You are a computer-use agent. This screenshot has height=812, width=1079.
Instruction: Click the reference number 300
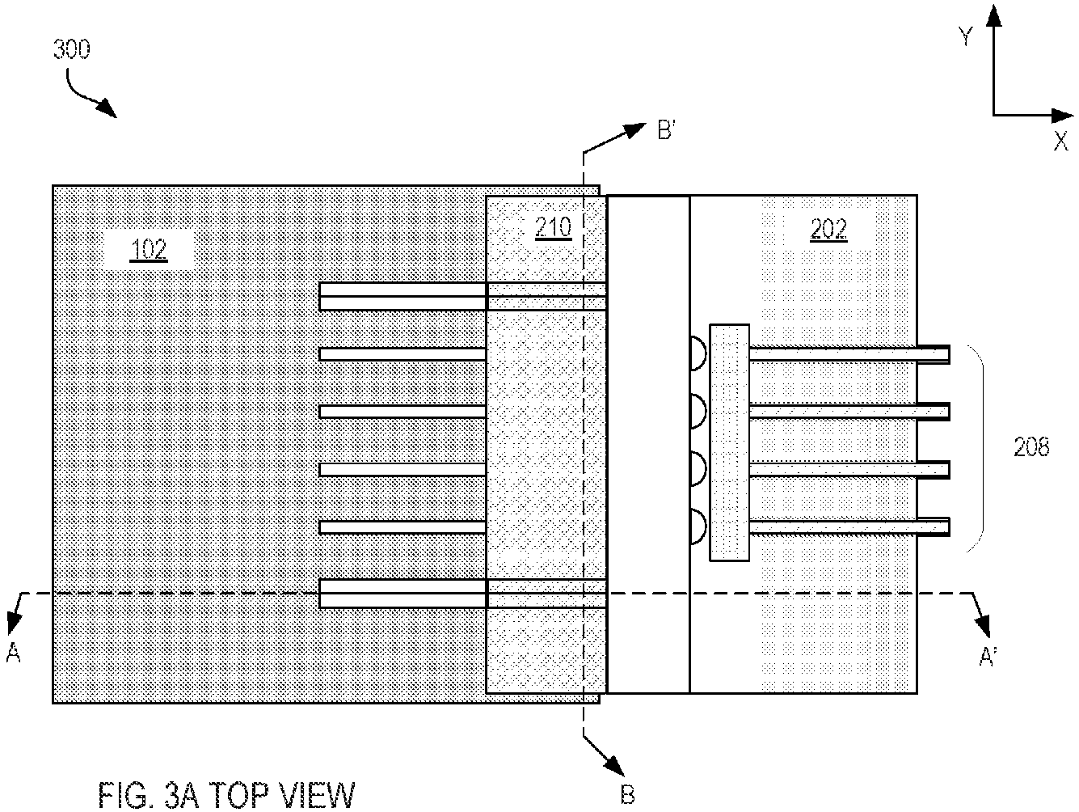(72, 49)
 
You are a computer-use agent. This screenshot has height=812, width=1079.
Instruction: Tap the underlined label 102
(149, 250)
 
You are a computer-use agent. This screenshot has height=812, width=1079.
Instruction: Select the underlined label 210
(554, 228)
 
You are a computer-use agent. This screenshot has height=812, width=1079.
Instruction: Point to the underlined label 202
(828, 230)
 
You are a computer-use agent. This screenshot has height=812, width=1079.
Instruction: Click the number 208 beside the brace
(1031, 447)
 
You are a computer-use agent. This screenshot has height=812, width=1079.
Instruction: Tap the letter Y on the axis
(966, 37)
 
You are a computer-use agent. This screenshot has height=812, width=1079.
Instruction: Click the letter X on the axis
(1060, 142)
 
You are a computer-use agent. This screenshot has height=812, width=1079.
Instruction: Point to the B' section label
(667, 130)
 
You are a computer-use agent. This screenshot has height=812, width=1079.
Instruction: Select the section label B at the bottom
(628, 795)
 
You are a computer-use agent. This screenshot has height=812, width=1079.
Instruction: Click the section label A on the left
(13, 653)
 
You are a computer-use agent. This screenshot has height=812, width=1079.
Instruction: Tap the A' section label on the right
(988, 657)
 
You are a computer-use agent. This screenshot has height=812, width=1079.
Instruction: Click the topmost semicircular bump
(698, 353)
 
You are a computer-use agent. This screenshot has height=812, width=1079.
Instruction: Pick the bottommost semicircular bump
(698, 527)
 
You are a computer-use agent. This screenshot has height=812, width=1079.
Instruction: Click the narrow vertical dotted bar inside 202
(730, 442)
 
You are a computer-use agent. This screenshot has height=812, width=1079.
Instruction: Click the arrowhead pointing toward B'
(635, 129)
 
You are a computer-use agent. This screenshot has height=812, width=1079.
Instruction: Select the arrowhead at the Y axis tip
(994, 15)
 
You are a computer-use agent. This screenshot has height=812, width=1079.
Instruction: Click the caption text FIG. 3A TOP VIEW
(226, 794)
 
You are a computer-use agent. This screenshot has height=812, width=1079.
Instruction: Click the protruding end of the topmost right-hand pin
(934, 354)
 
